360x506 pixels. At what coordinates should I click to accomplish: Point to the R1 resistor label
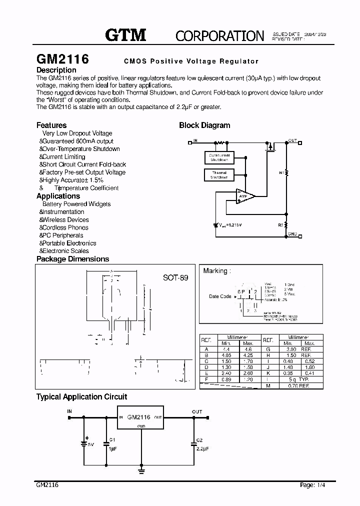click(281, 172)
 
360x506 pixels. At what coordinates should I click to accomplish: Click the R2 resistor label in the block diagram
click(281, 225)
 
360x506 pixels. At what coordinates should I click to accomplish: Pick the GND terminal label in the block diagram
click(293, 234)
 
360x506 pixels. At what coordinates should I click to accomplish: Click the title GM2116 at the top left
click(62, 58)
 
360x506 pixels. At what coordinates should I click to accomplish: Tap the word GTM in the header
click(125, 34)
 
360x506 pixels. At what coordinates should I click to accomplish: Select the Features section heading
click(51, 125)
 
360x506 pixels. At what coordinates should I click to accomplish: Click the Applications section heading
click(58, 196)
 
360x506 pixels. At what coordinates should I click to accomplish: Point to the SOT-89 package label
click(175, 277)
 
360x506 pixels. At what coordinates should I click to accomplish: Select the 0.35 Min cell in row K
click(288, 373)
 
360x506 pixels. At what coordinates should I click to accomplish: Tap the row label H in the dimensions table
click(268, 355)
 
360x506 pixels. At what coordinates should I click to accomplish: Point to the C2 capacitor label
click(199, 440)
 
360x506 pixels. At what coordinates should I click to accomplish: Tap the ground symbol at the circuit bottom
click(142, 470)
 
